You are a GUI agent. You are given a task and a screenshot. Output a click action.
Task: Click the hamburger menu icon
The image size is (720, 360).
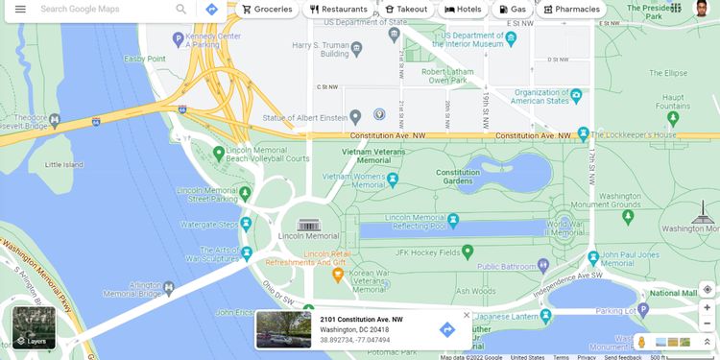click(x=20, y=9)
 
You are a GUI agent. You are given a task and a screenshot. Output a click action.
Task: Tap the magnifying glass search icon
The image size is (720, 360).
click(x=181, y=9)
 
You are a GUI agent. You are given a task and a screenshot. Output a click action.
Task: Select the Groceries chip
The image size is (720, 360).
click(x=267, y=9)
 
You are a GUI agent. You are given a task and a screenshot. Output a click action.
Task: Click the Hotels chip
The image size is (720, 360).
click(x=463, y=9)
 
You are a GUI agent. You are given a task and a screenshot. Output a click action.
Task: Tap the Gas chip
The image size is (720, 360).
click(x=513, y=9)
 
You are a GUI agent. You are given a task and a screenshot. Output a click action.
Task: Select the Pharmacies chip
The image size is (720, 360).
click(x=571, y=9)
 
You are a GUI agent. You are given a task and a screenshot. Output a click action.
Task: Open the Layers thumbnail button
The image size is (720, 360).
click(x=34, y=327)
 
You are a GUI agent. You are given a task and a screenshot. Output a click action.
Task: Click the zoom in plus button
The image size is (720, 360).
click(x=708, y=307)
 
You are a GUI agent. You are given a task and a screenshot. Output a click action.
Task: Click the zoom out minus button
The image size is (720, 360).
click(x=708, y=324)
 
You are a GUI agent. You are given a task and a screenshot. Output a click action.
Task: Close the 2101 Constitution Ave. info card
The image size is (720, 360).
click(x=467, y=315)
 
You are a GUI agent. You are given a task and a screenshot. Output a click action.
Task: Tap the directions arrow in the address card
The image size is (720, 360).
click(x=446, y=329)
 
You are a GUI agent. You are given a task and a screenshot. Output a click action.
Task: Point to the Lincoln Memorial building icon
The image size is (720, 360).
click(x=308, y=225)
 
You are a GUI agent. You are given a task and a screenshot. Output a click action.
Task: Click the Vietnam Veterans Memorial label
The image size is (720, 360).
click(x=374, y=156)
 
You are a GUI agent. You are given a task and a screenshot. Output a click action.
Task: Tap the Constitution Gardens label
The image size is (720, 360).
click(x=458, y=177)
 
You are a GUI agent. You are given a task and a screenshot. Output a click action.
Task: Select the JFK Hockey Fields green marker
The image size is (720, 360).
click(x=468, y=252)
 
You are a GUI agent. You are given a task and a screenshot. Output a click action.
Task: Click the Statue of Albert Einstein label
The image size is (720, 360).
click(x=304, y=117)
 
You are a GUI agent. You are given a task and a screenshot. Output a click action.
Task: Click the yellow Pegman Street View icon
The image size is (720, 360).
click(x=641, y=342)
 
